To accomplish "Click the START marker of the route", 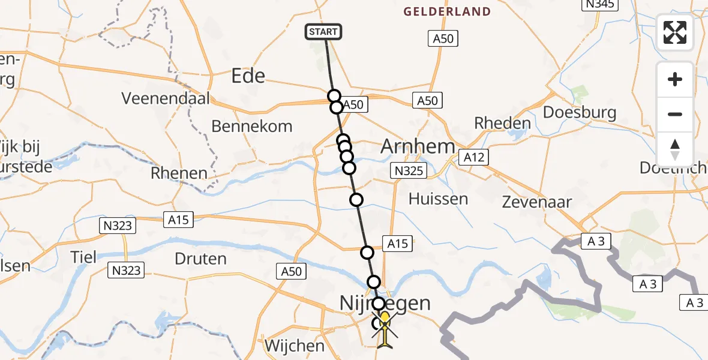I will point(324,32).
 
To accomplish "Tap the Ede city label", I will point(248,76).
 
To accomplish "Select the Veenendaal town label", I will point(166,98).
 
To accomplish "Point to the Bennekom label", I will point(252,126).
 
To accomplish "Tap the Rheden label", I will point(502,124).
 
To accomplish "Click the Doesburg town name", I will point(579,113).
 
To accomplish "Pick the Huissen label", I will point(438,199).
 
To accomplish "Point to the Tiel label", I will point(83,257).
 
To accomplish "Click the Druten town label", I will point(200,259).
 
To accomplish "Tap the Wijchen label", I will point(295,346).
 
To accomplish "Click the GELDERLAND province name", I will point(447,11).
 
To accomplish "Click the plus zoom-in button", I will point(675,80).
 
